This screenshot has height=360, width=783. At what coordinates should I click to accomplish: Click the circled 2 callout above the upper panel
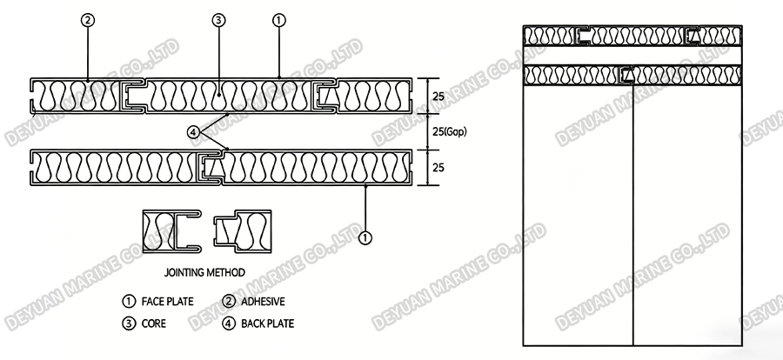(x=87, y=19)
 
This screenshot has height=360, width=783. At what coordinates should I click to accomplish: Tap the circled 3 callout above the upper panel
(x=218, y=19)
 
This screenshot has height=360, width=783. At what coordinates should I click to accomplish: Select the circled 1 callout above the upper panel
(x=278, y=19)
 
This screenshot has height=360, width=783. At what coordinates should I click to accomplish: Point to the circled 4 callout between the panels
(x=193, y=131)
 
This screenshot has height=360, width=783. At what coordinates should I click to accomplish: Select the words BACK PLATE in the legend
(x=264, y=323)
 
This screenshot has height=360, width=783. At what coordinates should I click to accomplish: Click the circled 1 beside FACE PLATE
(x=128, y=302)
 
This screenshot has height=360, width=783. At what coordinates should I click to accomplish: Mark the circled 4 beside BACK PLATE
(x=229, y=323)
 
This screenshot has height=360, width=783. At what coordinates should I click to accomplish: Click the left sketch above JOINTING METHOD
(x=171, y=231)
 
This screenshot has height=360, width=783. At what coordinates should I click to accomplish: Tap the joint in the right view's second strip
(x=625, y=76)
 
